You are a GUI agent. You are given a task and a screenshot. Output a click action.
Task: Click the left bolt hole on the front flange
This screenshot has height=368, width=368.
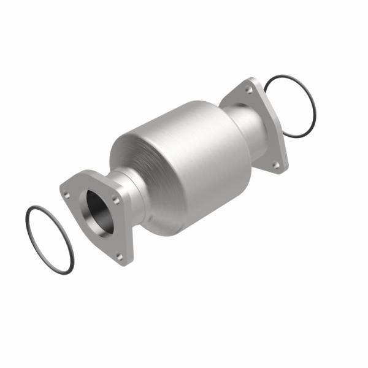point(67,195)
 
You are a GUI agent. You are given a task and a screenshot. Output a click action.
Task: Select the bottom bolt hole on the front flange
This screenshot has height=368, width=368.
point(120,256)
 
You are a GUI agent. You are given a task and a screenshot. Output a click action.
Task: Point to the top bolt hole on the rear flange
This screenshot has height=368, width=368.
point(248,90)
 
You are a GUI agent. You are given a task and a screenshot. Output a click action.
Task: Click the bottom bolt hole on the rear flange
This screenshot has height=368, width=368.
point(277,164)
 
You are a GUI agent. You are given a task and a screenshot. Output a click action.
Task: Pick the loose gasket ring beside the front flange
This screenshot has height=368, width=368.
point(48,237)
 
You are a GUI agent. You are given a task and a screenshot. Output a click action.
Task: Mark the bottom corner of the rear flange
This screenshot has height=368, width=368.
point(281,171)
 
